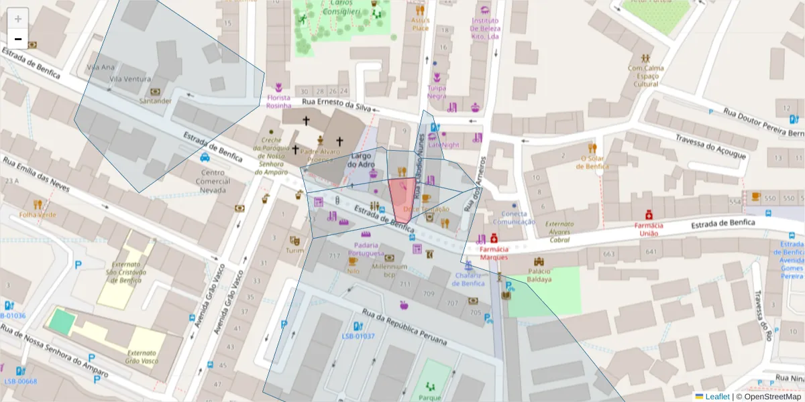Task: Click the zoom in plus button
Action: point(18,19)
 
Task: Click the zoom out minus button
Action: point(18,39)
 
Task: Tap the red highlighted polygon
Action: point(401,200)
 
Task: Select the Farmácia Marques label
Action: point(493,253)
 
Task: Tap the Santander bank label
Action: point(155,101)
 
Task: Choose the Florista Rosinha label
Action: point(278,101)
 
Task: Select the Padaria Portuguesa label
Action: point(366,249)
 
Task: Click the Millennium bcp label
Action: point(389,270)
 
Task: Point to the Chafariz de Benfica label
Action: point(469,279)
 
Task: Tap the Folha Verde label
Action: point(38,215)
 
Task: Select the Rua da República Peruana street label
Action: point(404,327)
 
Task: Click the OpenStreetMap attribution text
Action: point(772,397)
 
